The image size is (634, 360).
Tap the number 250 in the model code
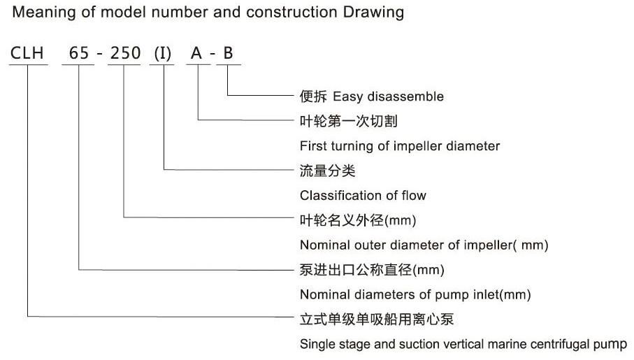coord(124,53)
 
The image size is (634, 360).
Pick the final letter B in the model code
coord(229,53)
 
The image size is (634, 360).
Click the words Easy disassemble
coord(388,96)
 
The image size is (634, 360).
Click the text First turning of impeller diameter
coord(400,146)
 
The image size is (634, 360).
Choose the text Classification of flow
coord(363,196)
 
